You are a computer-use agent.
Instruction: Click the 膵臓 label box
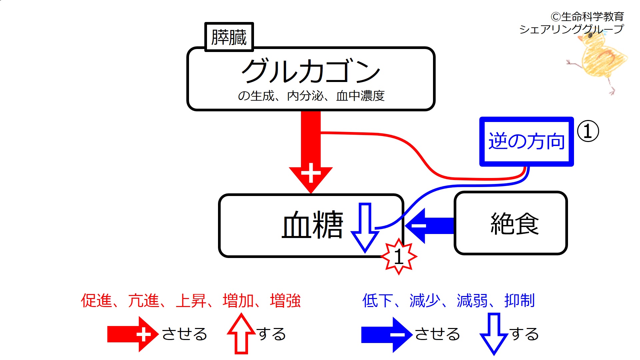(229, 37)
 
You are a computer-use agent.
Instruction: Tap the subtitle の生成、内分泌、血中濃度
(311, 96)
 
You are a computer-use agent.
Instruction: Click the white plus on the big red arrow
(311, 173)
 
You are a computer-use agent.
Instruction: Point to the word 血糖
(312, 225)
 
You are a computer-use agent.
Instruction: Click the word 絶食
(514, 224)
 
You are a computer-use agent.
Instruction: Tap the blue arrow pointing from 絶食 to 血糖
(430, 226)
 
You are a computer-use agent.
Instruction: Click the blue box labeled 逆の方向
(526, 141)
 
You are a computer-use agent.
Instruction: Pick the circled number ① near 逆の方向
(588, 131)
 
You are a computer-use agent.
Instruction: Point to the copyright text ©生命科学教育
(587, 16)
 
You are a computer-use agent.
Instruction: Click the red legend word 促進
(96, 301)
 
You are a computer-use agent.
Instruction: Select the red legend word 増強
(285, 301)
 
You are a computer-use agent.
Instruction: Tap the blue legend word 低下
(377, 301)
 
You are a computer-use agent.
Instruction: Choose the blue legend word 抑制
(520, 301)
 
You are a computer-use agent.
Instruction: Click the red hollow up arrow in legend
(241, 334)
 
